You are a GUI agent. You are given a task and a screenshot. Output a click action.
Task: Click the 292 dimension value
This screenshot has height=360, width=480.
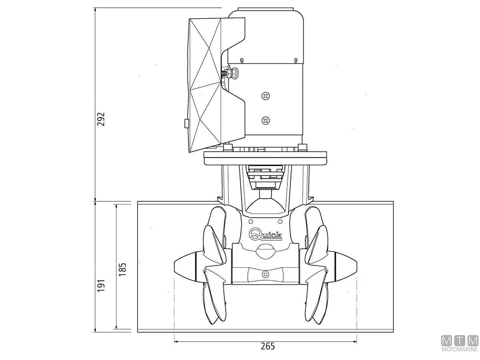[101, 119]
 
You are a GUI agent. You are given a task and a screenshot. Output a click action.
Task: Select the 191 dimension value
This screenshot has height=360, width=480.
[101, 285]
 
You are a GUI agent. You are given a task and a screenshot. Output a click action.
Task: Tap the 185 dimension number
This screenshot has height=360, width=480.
[122, 269]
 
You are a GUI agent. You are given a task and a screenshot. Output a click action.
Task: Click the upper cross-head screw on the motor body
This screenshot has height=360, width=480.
[266, 96]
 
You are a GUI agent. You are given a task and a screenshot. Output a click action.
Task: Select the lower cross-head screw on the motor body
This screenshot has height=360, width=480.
[266, 120]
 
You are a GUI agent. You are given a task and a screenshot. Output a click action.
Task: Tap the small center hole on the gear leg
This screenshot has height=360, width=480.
[266, 274]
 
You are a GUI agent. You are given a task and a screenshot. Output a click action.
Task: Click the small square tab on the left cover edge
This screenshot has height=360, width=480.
[186, 123]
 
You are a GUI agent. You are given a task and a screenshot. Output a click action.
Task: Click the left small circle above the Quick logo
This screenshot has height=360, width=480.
[251, 222]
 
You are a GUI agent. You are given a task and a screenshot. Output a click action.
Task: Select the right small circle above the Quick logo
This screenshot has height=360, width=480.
[280, 222]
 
